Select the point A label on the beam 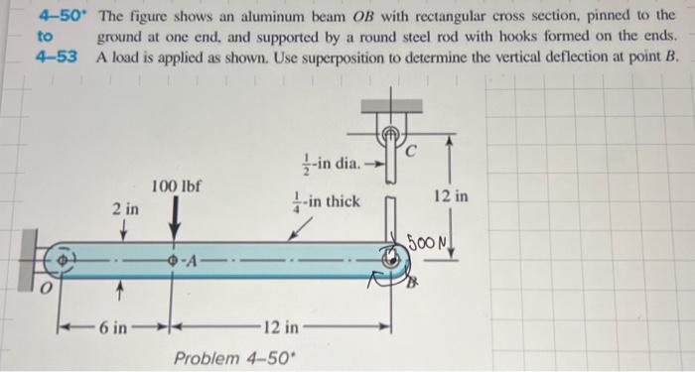tap(194, 262)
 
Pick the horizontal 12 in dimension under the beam tap(281, 326)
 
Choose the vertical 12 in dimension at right tap(453, 197)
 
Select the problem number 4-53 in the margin tap(54, 57)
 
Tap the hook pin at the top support tap(391, 130)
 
